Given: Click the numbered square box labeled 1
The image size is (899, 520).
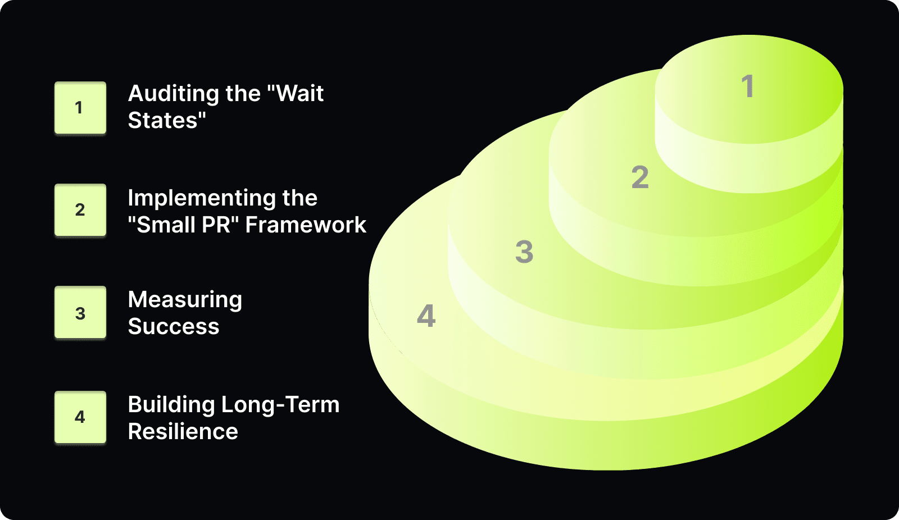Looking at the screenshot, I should [80, 108].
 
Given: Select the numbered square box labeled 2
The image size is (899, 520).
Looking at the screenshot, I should [80, 210].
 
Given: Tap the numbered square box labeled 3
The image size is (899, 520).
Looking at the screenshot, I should [80, 313].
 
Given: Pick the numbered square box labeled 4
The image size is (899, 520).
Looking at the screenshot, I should [80, 417].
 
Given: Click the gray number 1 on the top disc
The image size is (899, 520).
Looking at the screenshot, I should [747, 86].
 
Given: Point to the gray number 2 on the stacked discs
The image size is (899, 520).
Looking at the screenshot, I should [640, 177].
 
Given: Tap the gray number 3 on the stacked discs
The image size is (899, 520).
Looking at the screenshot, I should [524, 252].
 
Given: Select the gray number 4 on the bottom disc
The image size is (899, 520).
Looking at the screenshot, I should [426, 316].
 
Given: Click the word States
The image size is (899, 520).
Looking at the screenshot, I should [163, 121].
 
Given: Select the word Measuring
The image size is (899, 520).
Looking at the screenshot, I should [185, 300].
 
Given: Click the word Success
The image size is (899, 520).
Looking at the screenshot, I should [173, 327].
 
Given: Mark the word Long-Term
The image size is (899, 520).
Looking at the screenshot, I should [280, 405].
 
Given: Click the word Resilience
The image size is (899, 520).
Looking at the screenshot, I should [183, 432].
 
